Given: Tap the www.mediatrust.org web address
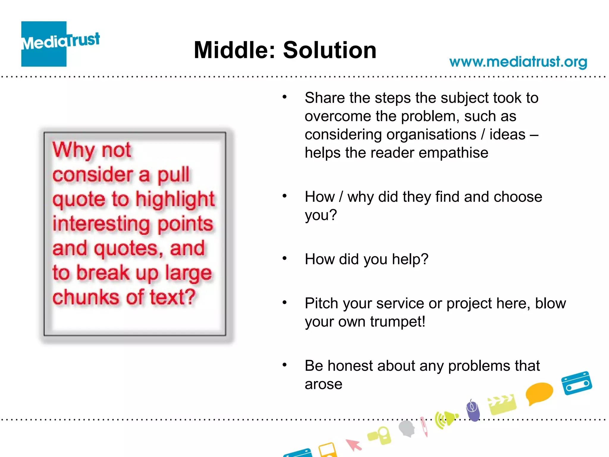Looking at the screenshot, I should pyautogui.click(x=518, y=62).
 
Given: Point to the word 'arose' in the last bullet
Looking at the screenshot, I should pyautogui.click(x=324, y=384).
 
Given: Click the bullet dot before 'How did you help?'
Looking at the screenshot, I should pyautogui.click(x=285, y=258).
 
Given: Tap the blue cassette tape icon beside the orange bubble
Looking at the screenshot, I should pyautogui.click(x=576, y=383).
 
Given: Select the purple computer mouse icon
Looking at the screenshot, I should pyautogui.click(x=473, y=410).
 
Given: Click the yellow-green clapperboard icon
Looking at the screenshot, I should pyautogui.click(x=502, y=404).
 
